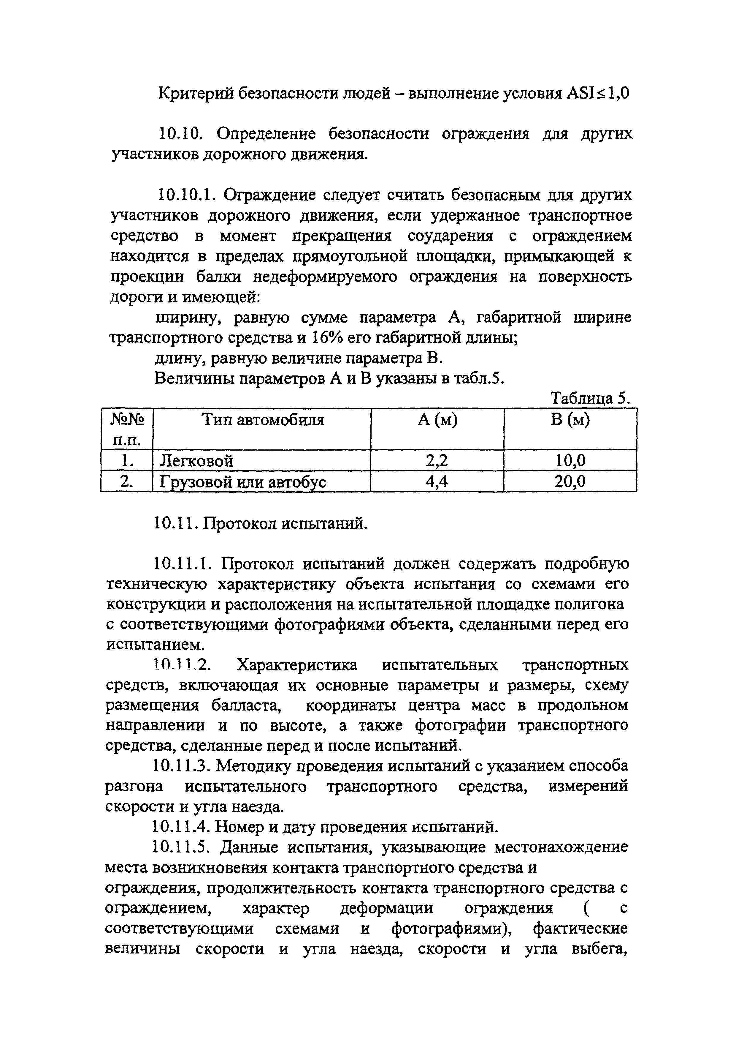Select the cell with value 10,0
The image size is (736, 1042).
point(570,461)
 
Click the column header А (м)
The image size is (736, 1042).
point(437,420)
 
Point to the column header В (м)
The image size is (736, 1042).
point(570,420)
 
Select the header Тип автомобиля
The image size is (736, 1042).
point(263,420)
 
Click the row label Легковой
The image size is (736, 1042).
point(196,461)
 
